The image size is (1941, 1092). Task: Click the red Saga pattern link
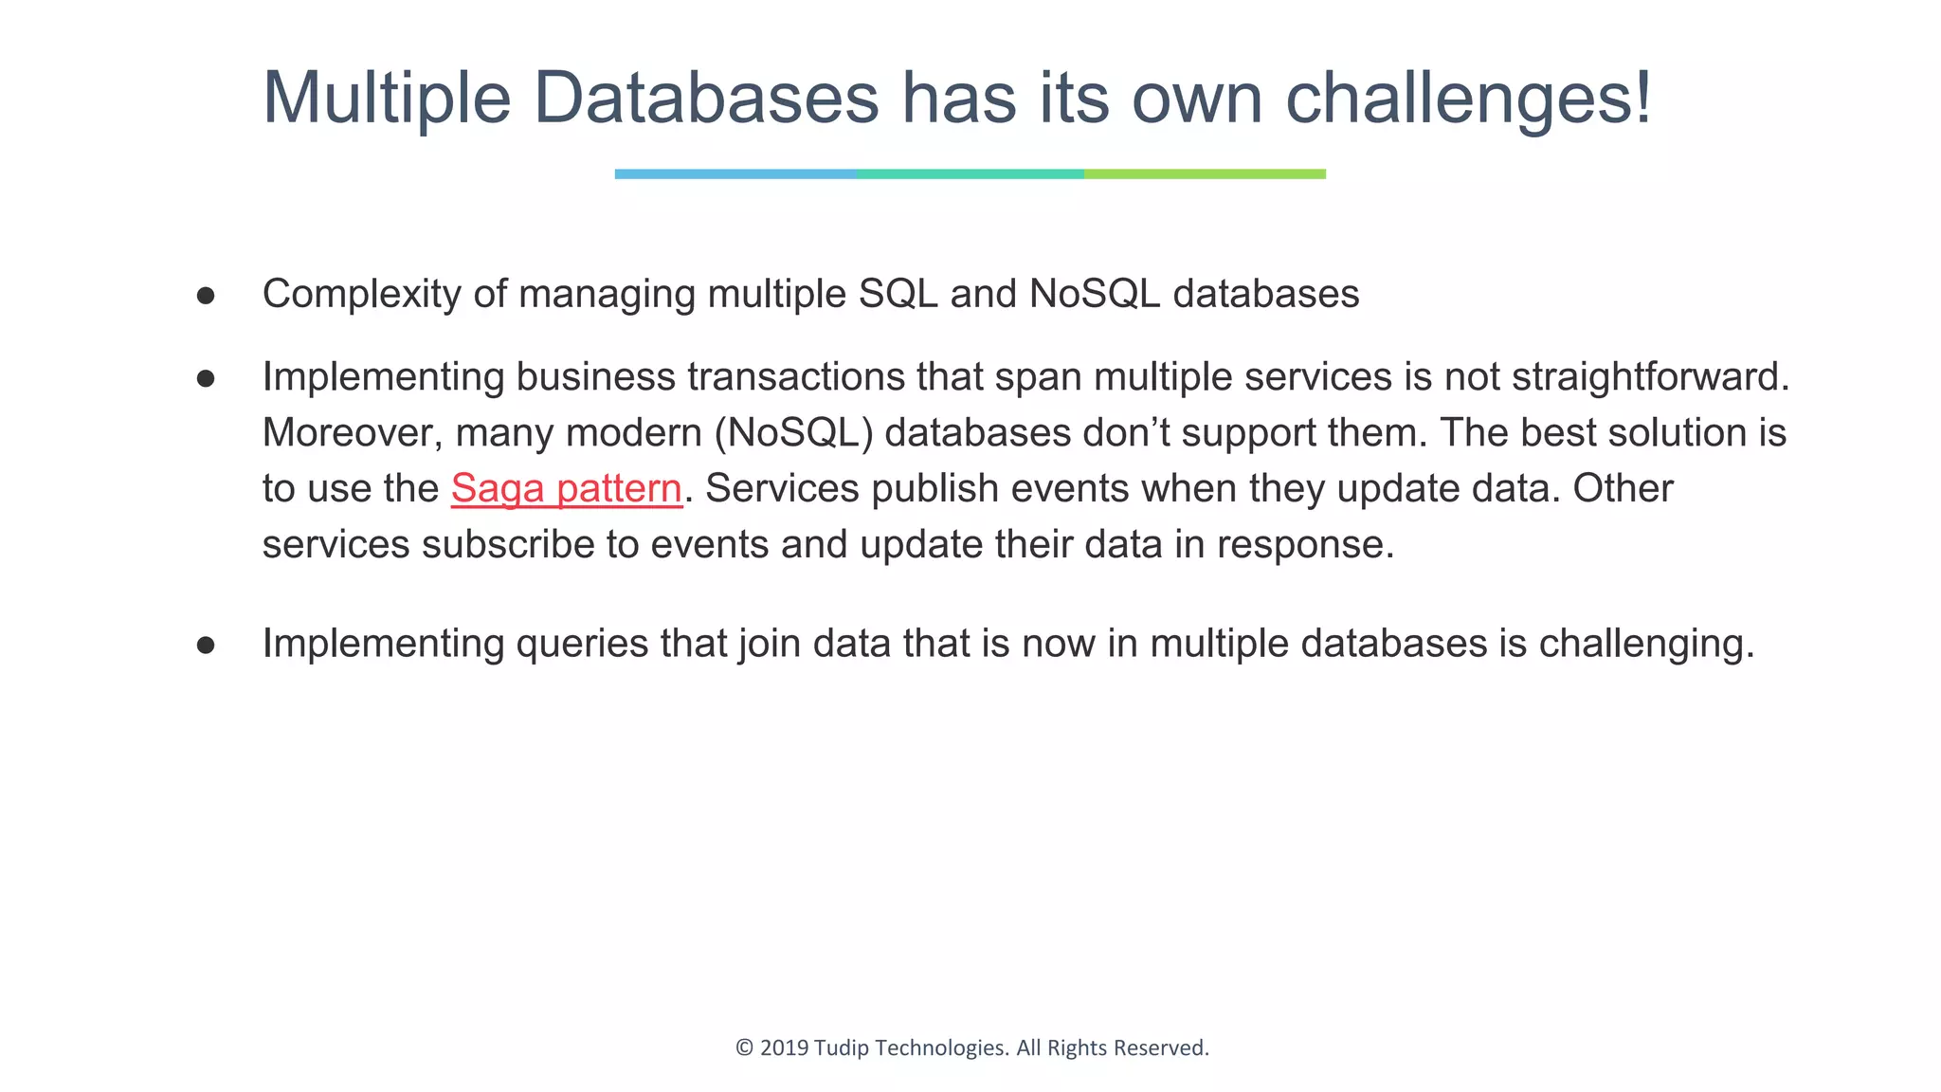click(x=566, y=489)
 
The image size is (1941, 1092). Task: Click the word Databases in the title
click(x=706, y=98)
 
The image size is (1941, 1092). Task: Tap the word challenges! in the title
click(x=1468, y=98)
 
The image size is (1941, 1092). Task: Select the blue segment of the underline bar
click(x=735, y=174)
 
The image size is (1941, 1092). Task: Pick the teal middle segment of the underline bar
click(x=970, y=174)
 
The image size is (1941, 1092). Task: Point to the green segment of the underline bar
click(x=1205, y=174)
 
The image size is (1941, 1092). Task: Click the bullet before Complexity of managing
click(x=206, y=296)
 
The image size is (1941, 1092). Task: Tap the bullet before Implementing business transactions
click(x=206, y=379)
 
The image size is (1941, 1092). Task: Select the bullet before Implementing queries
click(x=206, y=646)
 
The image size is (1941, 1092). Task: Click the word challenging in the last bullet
click(x=1645, y=644)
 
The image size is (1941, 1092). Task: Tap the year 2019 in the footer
click(x=784, y=1047)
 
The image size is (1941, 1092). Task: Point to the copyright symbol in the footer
click(x=744, y=1047)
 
